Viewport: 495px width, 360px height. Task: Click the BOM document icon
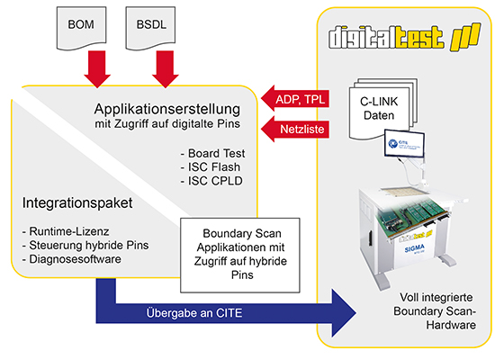click(81, 28)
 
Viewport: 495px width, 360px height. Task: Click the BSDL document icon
click(150, 28)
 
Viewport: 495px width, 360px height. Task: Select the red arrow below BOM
click(97, 68)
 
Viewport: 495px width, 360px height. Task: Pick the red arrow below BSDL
click(166, 68)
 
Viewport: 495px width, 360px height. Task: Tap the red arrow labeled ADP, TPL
click(295, 99)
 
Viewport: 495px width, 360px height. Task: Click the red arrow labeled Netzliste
click(295, 130)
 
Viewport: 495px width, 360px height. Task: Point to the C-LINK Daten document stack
click(382, 109)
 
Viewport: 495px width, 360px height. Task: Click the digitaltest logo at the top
click(404, 37)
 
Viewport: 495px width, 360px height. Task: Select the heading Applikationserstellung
click(167, 109)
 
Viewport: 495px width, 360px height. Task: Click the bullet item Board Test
click(212, 154)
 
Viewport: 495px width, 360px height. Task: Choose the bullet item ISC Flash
click(211, 167)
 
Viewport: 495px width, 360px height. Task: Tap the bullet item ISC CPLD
click(211, 181)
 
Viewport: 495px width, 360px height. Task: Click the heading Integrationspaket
click(77, 203)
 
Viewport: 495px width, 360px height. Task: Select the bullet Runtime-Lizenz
click(66, 231)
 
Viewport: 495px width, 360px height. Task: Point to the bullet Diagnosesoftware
click(72, 259)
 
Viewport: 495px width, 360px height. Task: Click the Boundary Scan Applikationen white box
click(240, 256)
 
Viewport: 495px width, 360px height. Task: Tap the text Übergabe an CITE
click(194, 313)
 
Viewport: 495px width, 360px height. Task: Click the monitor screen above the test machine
click(404, 144)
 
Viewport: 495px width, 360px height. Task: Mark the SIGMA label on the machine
click(414, 248)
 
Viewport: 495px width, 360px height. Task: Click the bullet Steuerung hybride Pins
click(85, 246)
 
